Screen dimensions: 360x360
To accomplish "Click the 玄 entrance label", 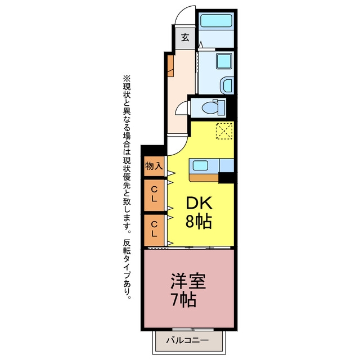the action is point(185,38).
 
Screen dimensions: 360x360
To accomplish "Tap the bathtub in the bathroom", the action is point(216,21).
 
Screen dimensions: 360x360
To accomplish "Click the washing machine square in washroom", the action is point(224,61).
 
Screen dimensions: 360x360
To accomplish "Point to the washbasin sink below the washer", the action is point(227,84).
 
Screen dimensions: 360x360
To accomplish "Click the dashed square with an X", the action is point(224,131).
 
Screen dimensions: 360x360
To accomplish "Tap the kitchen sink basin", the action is point(200,165).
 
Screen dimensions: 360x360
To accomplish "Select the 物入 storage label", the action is point(154,166).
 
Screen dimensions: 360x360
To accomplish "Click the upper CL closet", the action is point(154,195).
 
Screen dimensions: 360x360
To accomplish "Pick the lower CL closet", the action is point(154,230).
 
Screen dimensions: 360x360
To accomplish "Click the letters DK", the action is point(199,203).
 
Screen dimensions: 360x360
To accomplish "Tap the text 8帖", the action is point(199,222).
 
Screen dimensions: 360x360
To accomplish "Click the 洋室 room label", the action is point(188,281).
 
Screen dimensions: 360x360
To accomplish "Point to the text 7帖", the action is point(184,300).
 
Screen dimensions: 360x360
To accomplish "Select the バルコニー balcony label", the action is point(187,340).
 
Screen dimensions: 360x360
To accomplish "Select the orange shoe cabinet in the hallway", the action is point(170,66).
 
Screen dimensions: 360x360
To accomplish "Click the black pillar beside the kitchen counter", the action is point(226,178).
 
